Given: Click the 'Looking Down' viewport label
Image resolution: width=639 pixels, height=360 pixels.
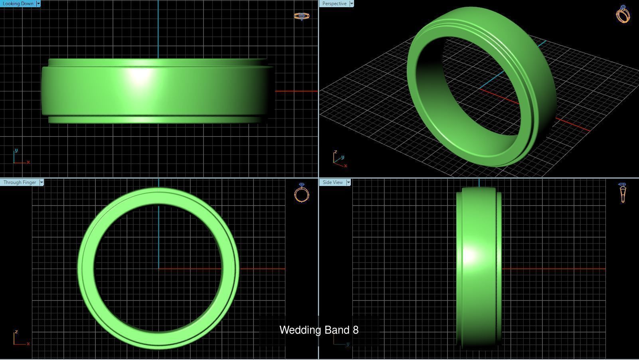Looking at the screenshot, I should click(x=18, y=4).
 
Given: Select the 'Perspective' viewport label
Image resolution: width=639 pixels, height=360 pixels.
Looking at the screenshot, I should click(x=334, y=4).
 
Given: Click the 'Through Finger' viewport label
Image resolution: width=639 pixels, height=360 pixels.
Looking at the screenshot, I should click(x=20, y=182).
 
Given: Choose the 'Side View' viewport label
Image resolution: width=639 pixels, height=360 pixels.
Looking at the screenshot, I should click(x=332, y=182).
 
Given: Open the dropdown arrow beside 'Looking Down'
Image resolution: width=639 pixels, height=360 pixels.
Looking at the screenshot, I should click(x=38, y=4).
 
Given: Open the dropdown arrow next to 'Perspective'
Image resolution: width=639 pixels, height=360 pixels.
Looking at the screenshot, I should click(x=352, y=4).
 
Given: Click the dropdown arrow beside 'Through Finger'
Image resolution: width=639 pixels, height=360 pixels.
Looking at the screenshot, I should click(x=42, y=182).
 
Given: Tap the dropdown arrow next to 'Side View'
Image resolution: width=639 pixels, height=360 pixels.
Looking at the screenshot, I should click(x=348, y=182).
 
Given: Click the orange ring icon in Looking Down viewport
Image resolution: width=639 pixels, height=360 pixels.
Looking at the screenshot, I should click(x=302, y=16).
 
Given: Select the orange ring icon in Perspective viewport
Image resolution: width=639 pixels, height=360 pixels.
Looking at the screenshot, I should click(x=623, y=14).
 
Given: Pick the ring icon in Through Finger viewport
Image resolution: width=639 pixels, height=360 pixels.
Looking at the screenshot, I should click(x=302, y=193).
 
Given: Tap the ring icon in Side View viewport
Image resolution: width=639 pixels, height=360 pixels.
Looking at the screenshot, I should click(x=623, y=193).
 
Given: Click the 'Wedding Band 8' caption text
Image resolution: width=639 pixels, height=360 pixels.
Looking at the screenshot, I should click(x=319, y=330).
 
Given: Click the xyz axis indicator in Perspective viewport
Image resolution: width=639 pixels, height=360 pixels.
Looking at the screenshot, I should click(x=339, y=159).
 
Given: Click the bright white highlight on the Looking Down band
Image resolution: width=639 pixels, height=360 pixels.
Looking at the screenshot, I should click(x=139, y=76).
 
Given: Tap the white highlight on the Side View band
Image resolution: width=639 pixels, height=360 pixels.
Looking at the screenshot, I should click(x=470, y=255).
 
